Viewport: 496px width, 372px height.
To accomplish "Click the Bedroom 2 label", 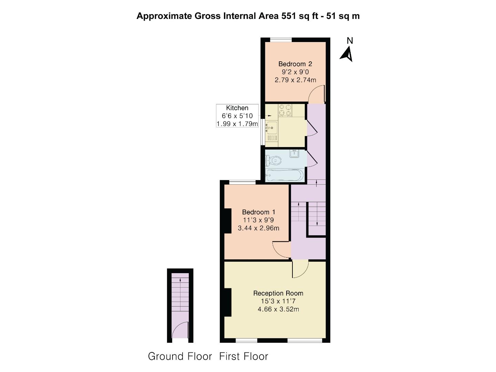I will click(x=295, y=64).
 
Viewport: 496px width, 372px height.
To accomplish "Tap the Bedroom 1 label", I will click(x=258, y=212).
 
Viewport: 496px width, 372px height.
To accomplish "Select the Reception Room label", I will click(x=278, y=293).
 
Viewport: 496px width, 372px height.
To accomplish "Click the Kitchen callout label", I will click(x=237, y=108).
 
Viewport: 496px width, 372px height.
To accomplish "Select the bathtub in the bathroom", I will click(x=285, y=175).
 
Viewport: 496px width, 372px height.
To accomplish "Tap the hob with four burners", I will click(x=285, y=110).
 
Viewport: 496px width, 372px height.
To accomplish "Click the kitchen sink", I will click(x=271, y=127).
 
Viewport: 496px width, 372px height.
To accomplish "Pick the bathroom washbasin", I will click(x=294, y=154).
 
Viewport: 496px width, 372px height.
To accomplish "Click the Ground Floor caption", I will click(x=180, y=356).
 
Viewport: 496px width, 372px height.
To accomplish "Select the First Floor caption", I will click(x=244, y=356).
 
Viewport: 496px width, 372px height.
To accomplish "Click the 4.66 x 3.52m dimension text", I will click(x=278, y=309).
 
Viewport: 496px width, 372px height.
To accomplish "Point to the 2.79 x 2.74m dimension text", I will click(x=295, y=80).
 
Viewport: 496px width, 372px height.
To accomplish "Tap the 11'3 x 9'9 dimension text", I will click(x=258, y=220).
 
